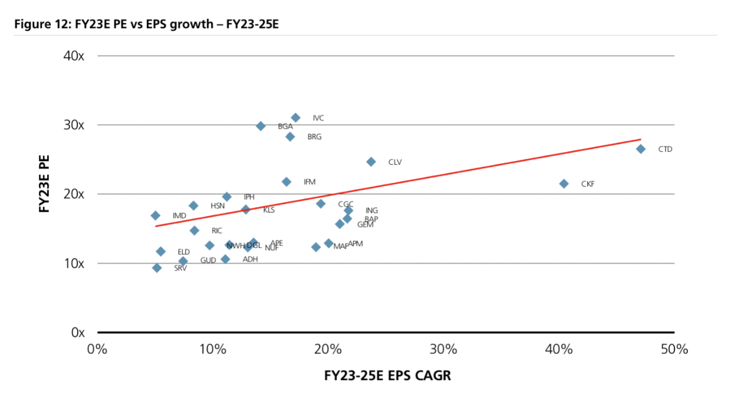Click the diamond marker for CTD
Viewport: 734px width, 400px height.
[640, 149]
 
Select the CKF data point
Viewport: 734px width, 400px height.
[564, 183]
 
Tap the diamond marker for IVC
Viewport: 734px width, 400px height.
[296, 118]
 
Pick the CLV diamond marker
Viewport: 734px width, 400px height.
[371, 162]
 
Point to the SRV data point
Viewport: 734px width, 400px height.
[157, 268]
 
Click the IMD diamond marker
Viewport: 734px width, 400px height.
[156, 216]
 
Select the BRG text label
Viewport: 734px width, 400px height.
[315, 137]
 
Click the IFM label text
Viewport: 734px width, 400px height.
[310, 182]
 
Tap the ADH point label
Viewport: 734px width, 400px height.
[250, 259]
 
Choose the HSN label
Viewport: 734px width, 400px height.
[218, 206]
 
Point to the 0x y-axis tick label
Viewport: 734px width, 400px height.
[78, 333]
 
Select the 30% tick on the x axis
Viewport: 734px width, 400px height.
[444, 349]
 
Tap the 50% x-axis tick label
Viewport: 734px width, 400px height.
[674, 349]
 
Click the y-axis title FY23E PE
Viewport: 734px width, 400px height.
[45, 183]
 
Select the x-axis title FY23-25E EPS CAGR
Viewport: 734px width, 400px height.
[387, 375]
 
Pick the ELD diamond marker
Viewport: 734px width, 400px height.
[161, 252]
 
